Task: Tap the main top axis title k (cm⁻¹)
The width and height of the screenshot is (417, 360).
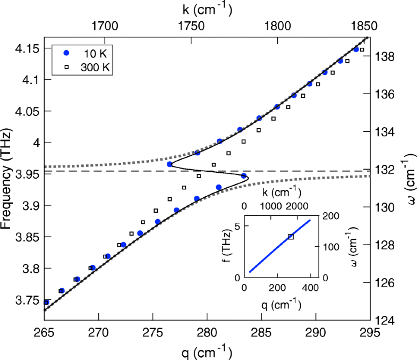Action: point(207,9)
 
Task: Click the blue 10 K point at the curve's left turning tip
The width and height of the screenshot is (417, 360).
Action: point(169,164)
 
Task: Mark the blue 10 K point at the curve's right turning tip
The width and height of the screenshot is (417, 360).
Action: point(244,176)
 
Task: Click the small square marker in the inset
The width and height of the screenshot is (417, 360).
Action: point(291,236)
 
